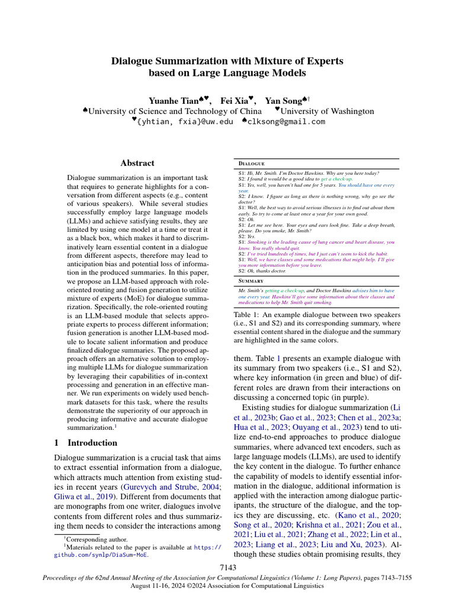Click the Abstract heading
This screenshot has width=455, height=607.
[x=137, y=163]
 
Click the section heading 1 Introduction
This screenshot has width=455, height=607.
[x=85, y=442]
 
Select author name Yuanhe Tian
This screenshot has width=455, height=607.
[x=171, y=100]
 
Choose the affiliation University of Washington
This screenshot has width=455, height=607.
[x=327, y=111]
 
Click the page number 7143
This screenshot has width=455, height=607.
[x=227, y=568]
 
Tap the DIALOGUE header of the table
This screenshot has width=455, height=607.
[x=251, y=163]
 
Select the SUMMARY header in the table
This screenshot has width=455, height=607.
[x=251, y=280]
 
